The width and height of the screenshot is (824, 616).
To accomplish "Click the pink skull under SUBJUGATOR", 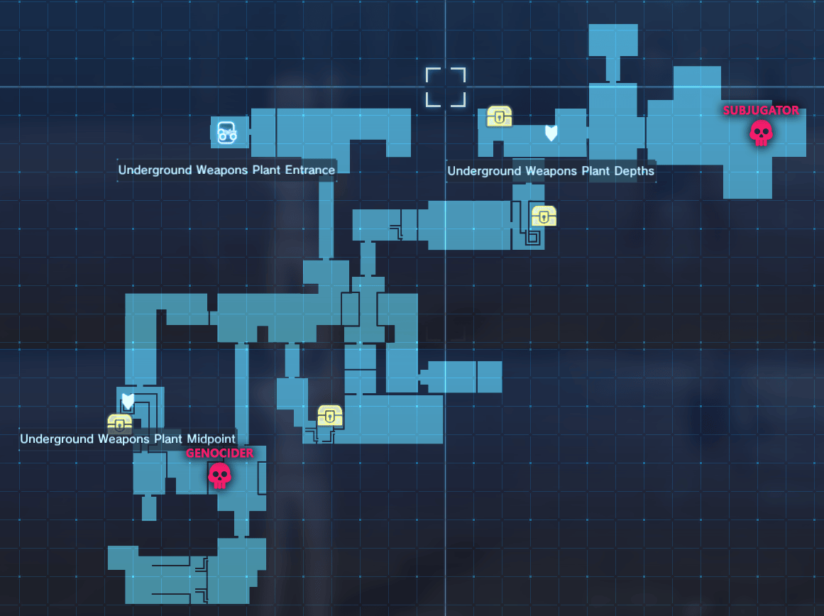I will tap(761, 133).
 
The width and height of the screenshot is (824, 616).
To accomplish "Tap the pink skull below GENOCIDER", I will tap(219, 475).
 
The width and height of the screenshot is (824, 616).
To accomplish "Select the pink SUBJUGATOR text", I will tap(761, 111).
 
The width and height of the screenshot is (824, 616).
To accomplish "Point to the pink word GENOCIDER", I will tap(219, 453).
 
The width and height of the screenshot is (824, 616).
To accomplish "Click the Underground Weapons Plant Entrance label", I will tap(226, 170).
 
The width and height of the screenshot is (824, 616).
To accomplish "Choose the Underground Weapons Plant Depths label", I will tap(551, 171).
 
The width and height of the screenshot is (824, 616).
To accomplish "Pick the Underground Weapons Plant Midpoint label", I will tap(128, 439).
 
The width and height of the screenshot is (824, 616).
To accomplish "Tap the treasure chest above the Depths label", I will tap(500, 116).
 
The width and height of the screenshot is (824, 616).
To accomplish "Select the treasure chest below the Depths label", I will tap(544, 216).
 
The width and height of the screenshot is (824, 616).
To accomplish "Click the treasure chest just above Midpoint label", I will tap(119, 424).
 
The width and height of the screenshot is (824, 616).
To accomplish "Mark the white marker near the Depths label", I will tap(551, 133).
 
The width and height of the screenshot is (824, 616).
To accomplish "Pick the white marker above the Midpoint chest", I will tap(128, 401).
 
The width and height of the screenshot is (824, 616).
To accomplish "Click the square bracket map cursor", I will tap(446, 87).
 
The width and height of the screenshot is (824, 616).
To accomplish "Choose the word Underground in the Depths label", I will tap(478, 171).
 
